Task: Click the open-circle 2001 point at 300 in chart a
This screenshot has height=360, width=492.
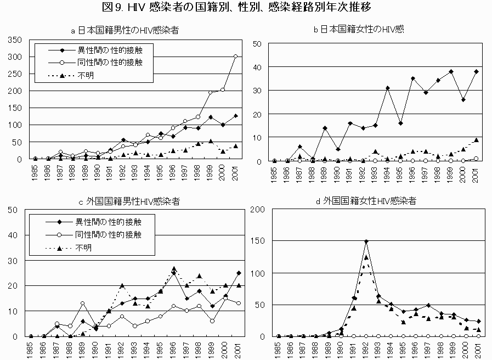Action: (235, 56)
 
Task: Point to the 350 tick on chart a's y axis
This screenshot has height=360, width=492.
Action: (15, 40)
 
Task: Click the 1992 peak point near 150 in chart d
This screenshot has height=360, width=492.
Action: (366, 241)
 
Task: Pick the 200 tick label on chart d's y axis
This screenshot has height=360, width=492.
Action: (257, 209)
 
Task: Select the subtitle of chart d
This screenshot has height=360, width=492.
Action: (366, 201)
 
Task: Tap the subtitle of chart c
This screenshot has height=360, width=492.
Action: (129, 201)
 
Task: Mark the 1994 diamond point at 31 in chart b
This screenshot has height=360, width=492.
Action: (387, 88)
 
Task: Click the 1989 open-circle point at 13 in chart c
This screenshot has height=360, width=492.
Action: (82, 303)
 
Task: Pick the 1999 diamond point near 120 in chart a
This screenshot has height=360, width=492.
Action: (210, 117)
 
